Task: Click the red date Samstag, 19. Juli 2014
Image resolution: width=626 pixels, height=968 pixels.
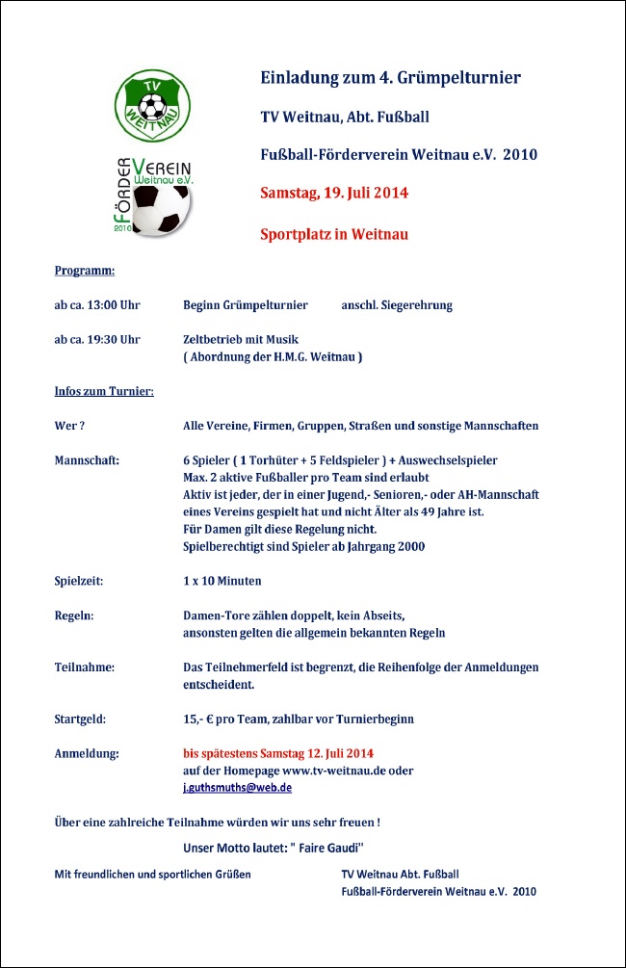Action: click(x=334, y=192)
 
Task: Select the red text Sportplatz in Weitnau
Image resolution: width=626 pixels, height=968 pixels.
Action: click(x=334, y=233)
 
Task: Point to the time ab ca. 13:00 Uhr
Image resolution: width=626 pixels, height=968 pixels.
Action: click(x=97, y=305)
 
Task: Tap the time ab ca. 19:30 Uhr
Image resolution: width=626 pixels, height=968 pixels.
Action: click(x=97, y=339)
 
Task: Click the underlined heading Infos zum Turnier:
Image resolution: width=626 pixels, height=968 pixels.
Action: click(x=104, y=391)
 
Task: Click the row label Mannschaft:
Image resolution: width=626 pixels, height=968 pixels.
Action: click(x=87, y=460)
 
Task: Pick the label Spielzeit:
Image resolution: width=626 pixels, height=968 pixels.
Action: click(x=79, y=581)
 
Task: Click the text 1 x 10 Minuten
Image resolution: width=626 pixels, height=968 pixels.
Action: click(x=222, y=581)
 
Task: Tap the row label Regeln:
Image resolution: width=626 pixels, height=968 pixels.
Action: click(x=74, y=615)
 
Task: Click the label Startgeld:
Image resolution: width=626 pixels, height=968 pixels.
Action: click(x=80, y=719)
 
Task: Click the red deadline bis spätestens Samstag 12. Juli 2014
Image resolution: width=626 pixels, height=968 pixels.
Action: click(x=278, y=753)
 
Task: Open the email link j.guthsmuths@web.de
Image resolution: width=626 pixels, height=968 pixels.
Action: click(x=237, y=787)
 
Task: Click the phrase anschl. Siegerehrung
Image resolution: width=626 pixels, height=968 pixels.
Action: click(x=397, y=305)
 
